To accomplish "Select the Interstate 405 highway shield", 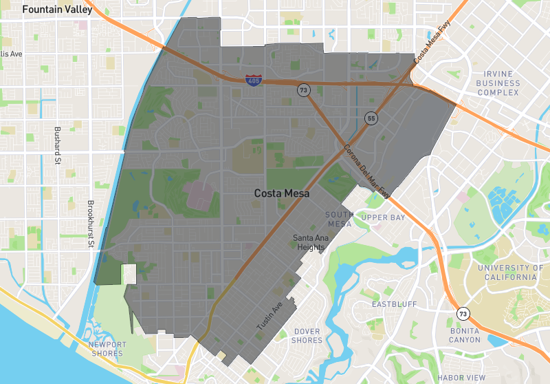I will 252,81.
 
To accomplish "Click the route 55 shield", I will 371,118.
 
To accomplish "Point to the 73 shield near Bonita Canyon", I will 463,314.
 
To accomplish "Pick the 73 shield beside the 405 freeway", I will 302,90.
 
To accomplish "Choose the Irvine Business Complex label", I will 498,83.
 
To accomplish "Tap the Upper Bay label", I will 384,217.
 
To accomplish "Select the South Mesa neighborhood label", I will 339,219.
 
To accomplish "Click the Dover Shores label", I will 307,336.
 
